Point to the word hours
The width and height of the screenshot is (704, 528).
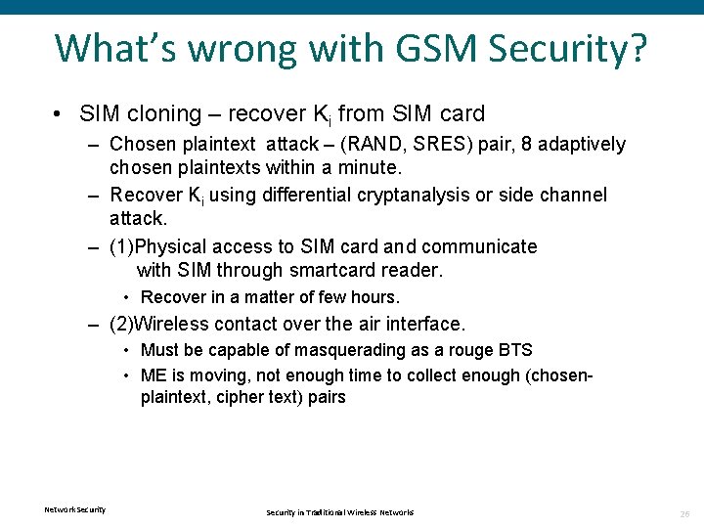coord(376,297)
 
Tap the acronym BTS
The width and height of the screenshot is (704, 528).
coord(515,350)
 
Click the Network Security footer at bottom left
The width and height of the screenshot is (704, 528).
coord(75,509)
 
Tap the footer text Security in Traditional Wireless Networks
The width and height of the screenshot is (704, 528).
coord(340,512)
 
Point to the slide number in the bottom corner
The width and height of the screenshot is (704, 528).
coord(684,512)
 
